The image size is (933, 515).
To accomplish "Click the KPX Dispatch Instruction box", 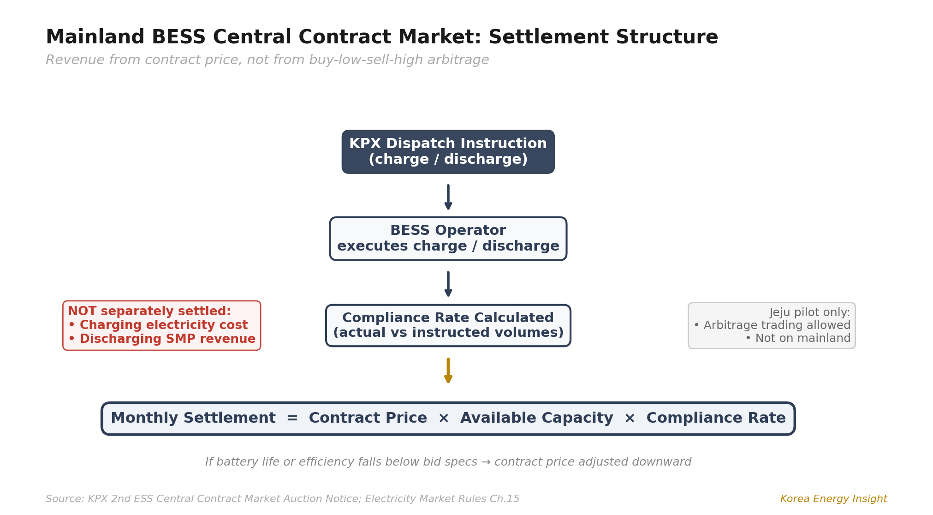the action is click(x=448, y=152).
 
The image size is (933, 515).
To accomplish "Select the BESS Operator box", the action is click(x=448, y=239).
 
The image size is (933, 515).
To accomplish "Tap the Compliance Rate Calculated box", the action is click(x=448, y=325).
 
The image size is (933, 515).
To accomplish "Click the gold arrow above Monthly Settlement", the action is click(x=448, y=370).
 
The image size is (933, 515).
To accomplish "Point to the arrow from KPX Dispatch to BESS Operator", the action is click(x=448, y=197).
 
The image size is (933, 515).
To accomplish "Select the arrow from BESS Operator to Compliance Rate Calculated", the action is click(x=448, y=284).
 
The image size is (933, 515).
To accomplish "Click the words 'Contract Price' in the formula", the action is click(x=368, y=418).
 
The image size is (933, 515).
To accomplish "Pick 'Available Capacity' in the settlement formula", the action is click(x=536, y=418).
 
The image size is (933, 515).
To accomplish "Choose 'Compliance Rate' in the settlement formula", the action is click(x=716, y=418).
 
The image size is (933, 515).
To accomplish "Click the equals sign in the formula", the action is click(x=292, y=418).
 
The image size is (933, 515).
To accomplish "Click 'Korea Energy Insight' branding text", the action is click(x=833, y=499).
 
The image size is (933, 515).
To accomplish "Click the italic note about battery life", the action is click(x=448, y=462).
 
